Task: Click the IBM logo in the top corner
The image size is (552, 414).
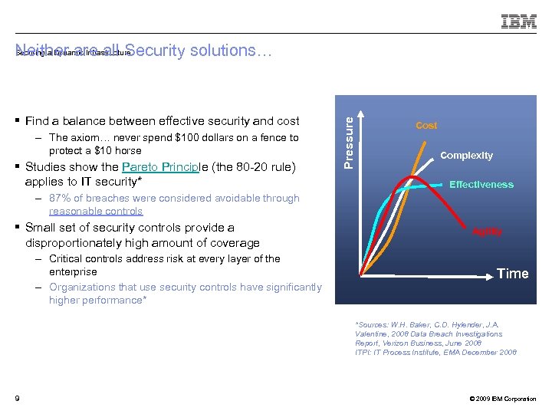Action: pyautogui.click(x=519, y=22)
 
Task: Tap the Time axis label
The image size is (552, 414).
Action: pyautogui.click(x=512, y=274)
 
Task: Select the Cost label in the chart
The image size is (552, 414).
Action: pyautogui.click(x=426, y=125)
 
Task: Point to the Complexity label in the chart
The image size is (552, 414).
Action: pyautogui.click(x=466, y=156)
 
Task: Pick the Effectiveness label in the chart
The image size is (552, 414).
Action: pyautogui.click(x=481, y=185)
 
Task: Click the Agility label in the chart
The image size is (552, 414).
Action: pyautogui.click(x=487, y=232)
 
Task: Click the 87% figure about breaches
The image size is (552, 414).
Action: pyautogui.click(x=59, y=198)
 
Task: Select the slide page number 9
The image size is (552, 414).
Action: pyautogui.click(x=17, y=398)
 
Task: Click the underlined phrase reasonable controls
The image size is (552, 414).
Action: pyautogui.click(x=96, y=211)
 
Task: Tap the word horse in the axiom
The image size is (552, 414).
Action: pyautogui.click(x=127, y=150)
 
